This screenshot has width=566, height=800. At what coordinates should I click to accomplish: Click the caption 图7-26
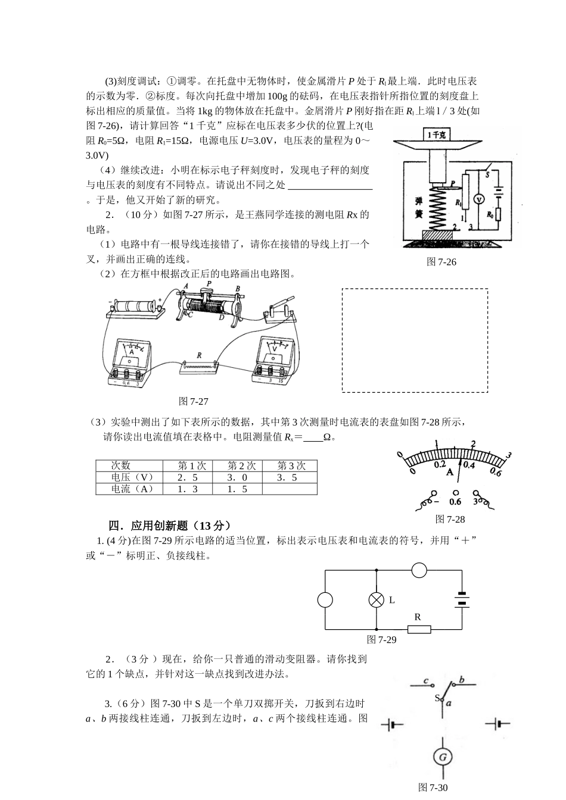(x=441, y=262)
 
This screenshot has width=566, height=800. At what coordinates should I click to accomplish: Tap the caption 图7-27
(x=194, y=401)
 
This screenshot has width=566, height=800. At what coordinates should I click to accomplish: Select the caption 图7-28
(x=450, y=519)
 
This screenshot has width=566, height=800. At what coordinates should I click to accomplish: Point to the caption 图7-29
(x=382, y=639)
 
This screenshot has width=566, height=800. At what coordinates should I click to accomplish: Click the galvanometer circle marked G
(x=443, y=757)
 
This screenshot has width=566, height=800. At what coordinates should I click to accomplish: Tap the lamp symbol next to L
(x=377, y=600)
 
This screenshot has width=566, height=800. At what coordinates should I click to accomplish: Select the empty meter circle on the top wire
(x=419, y=570)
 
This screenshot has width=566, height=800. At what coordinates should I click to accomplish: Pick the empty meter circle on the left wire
(x=325, y=600)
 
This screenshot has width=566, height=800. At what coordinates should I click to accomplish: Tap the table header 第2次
(x=241, y=466)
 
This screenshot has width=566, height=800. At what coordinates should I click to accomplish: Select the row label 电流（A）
(x=132, y=489)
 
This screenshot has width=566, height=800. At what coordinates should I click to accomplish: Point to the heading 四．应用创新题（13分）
(x=169, y=526)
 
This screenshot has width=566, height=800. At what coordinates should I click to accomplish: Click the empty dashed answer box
(x=415, y=340)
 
